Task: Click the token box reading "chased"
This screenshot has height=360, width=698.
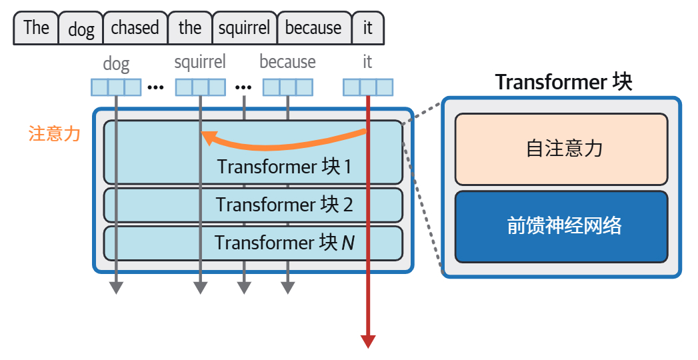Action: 135,28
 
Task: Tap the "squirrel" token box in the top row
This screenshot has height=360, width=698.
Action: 245,28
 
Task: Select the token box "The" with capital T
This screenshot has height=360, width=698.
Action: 36,28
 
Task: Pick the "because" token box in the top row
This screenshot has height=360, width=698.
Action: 314,28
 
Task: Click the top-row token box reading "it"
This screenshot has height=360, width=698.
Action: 368,28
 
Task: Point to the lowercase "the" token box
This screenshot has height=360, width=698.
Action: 190,28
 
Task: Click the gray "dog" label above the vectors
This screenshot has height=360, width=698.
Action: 116,64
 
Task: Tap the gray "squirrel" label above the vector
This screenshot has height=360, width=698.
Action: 200,62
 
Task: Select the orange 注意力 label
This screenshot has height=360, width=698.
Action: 54,133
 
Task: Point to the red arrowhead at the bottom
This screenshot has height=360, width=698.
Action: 368,342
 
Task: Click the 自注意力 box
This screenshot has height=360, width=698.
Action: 561,149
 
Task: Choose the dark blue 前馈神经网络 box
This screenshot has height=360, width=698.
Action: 561,227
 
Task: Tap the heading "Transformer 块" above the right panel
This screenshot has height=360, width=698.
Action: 563,82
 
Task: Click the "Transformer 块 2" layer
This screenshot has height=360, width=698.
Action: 253,205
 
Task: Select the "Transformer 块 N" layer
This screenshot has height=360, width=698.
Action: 253,243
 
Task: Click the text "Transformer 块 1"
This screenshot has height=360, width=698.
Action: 285,167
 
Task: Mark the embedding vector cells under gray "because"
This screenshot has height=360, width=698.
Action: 287,87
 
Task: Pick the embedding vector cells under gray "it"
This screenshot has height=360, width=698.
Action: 368,87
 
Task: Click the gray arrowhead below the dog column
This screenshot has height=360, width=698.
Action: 116,288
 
